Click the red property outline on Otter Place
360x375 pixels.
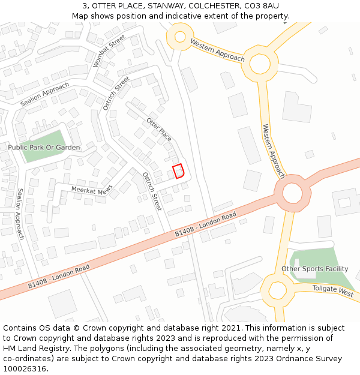[178, 171]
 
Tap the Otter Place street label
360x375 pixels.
[159, 129]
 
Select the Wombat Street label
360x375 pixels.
[109, 51]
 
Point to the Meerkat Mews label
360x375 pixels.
[92, 189]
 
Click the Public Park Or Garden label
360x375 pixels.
[44, 147]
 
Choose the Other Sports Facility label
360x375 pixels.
[314, 269]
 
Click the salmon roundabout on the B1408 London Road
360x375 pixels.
[292, 193]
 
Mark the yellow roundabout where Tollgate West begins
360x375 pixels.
[277, 290]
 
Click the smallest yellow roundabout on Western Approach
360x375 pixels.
[179, 37]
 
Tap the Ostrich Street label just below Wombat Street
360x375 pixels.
[116, 94]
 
